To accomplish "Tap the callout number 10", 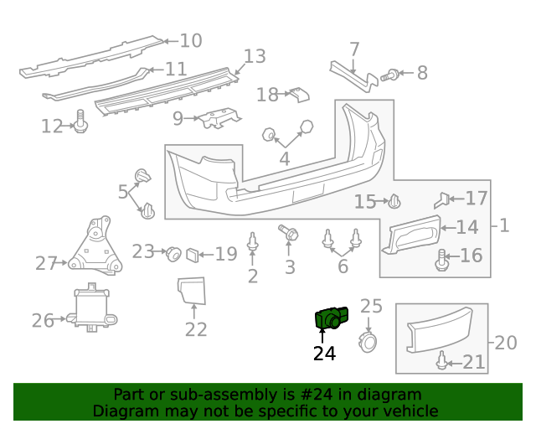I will click(191, 40).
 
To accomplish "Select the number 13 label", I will click(255, 56).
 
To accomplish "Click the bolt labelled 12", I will click(81, 123).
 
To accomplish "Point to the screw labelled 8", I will click(389, 75).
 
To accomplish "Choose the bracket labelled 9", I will click(219, 118).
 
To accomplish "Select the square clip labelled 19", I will click(193, 252).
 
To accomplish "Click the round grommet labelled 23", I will click(173, 251).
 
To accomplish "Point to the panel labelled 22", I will click(193, 289).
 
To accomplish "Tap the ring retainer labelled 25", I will click(368, 340).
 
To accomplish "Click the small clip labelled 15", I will click(395, 201).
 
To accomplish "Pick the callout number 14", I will click(466, 226).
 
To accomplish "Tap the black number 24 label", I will click(324, 354).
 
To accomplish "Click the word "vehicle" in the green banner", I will click(409, 411).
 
